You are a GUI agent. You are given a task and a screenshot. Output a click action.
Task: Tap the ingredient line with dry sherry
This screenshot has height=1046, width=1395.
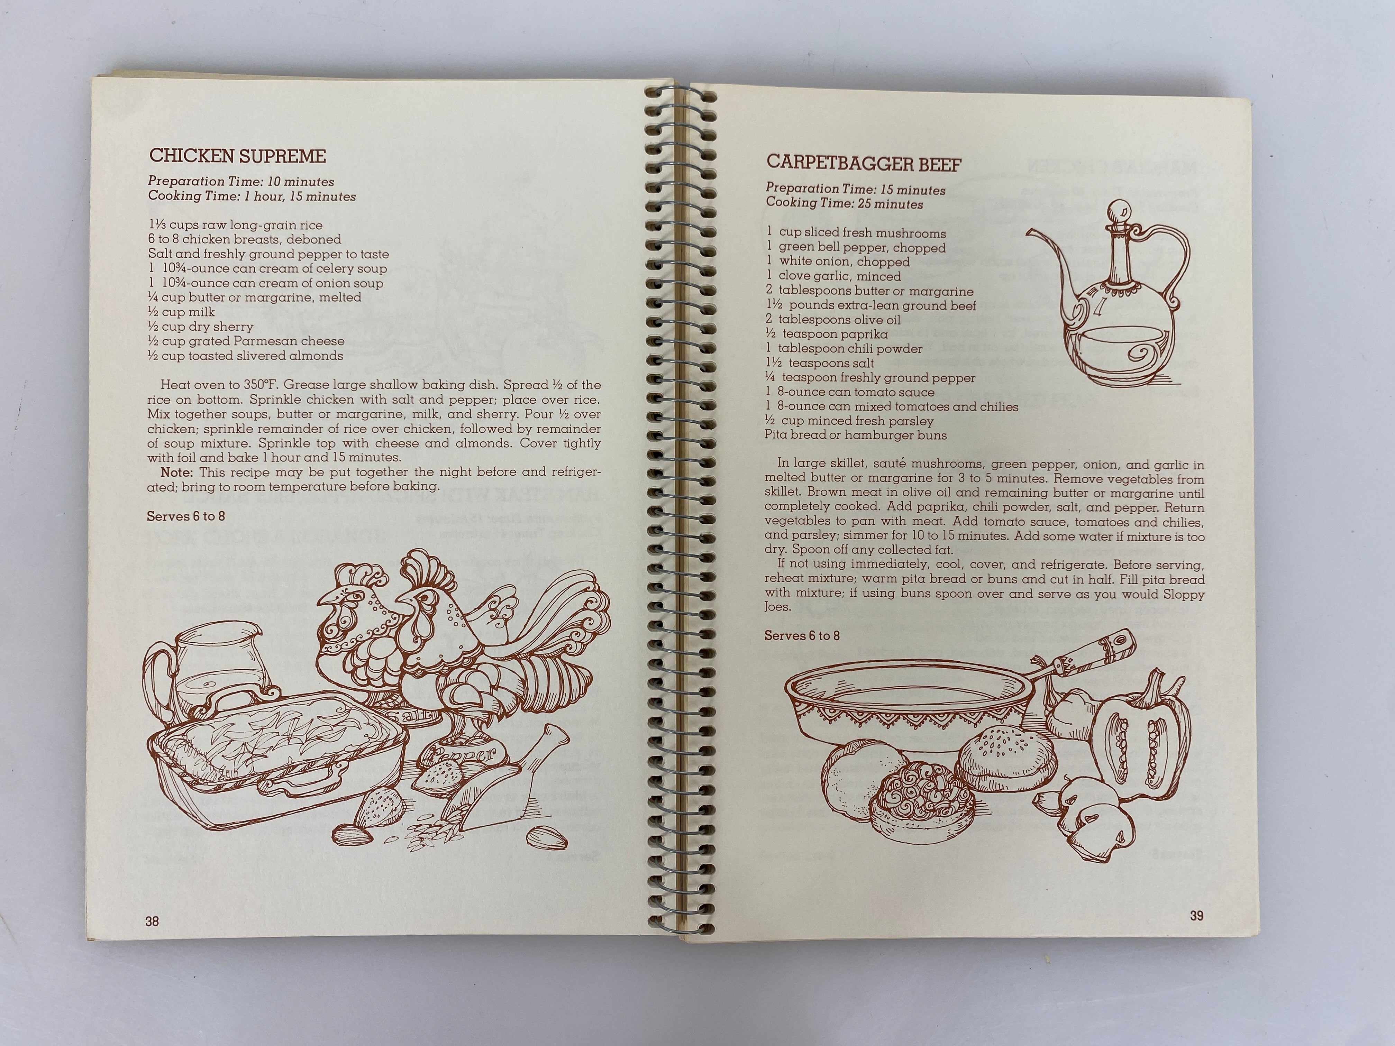tap(201, 327)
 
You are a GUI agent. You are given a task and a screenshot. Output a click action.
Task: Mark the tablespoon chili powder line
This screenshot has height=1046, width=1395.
tap(844, 349)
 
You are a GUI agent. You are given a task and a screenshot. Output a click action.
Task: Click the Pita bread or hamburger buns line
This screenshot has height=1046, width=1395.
tap(855, 435)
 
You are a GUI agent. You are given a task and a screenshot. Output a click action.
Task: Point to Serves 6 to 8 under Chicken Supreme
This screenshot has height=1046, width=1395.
tap(185, 516)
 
